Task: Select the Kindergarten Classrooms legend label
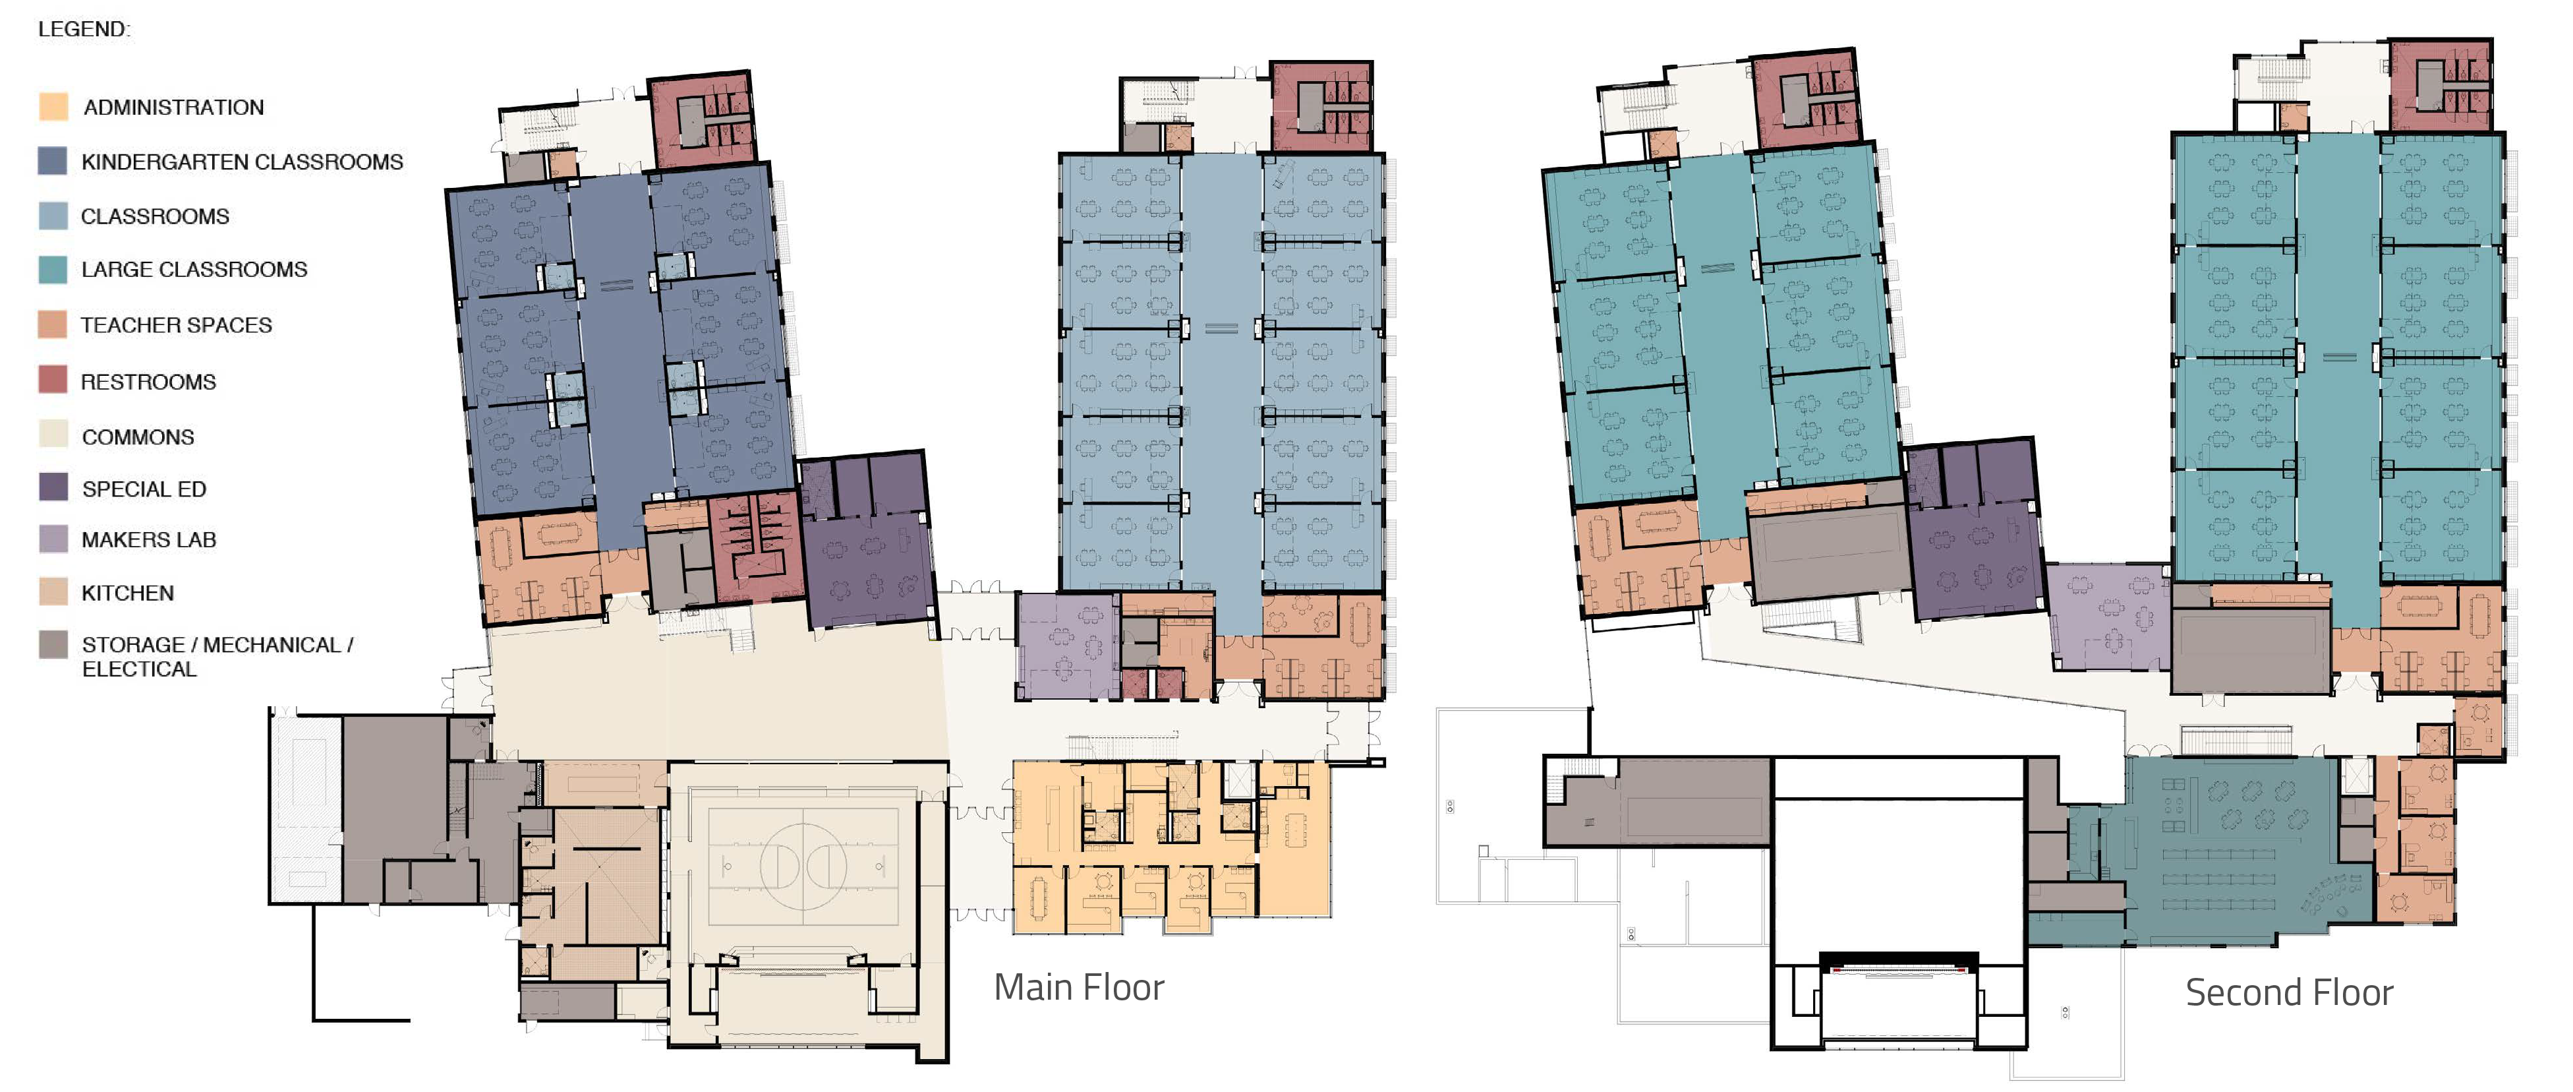(x=243, y=162)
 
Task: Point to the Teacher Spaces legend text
(x=177, y=324)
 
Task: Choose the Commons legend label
(x=138, y=437)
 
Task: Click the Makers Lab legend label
(x=149, y=539)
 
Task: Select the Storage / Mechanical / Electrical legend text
(x=217, y=656)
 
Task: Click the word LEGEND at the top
(x=84, y=29)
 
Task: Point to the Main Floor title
(x=1079, y=987)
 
